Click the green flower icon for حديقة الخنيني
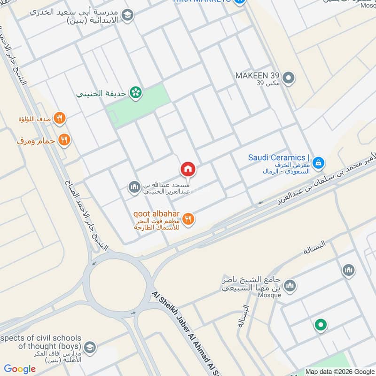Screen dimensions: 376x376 coord(136,93)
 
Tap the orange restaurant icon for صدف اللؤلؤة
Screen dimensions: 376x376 coord(59,118)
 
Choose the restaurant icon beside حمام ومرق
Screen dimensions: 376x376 coord(65,140)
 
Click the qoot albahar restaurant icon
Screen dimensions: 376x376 coord(188,219)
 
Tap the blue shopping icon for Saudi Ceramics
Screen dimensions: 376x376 coord(319,163)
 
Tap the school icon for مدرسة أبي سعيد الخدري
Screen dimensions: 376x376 coord(127,16)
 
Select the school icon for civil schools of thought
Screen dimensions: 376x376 coord(90,347)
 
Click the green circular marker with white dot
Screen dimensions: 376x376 coord(321,325)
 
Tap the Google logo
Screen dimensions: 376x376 coord(20,369)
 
